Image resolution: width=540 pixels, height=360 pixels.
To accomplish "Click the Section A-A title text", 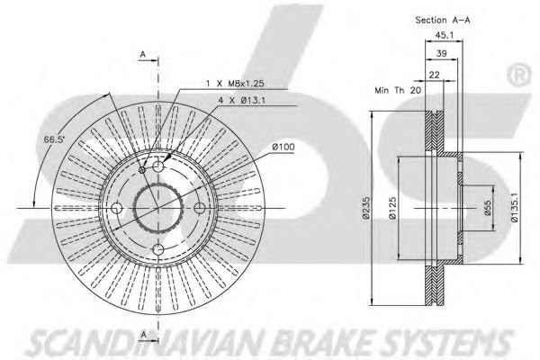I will pos(443,19).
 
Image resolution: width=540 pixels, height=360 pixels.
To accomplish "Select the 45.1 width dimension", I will pos(444,37).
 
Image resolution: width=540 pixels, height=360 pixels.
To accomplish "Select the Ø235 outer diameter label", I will pos(365,208).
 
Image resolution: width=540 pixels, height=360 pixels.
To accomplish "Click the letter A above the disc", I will pos(142,55).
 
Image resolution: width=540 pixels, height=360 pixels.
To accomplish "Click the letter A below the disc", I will pos(142,336).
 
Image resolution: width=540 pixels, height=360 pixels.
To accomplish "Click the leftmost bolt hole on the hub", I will pos(116,209).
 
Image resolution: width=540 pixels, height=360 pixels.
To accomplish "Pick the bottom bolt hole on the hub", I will pos(158,250).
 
